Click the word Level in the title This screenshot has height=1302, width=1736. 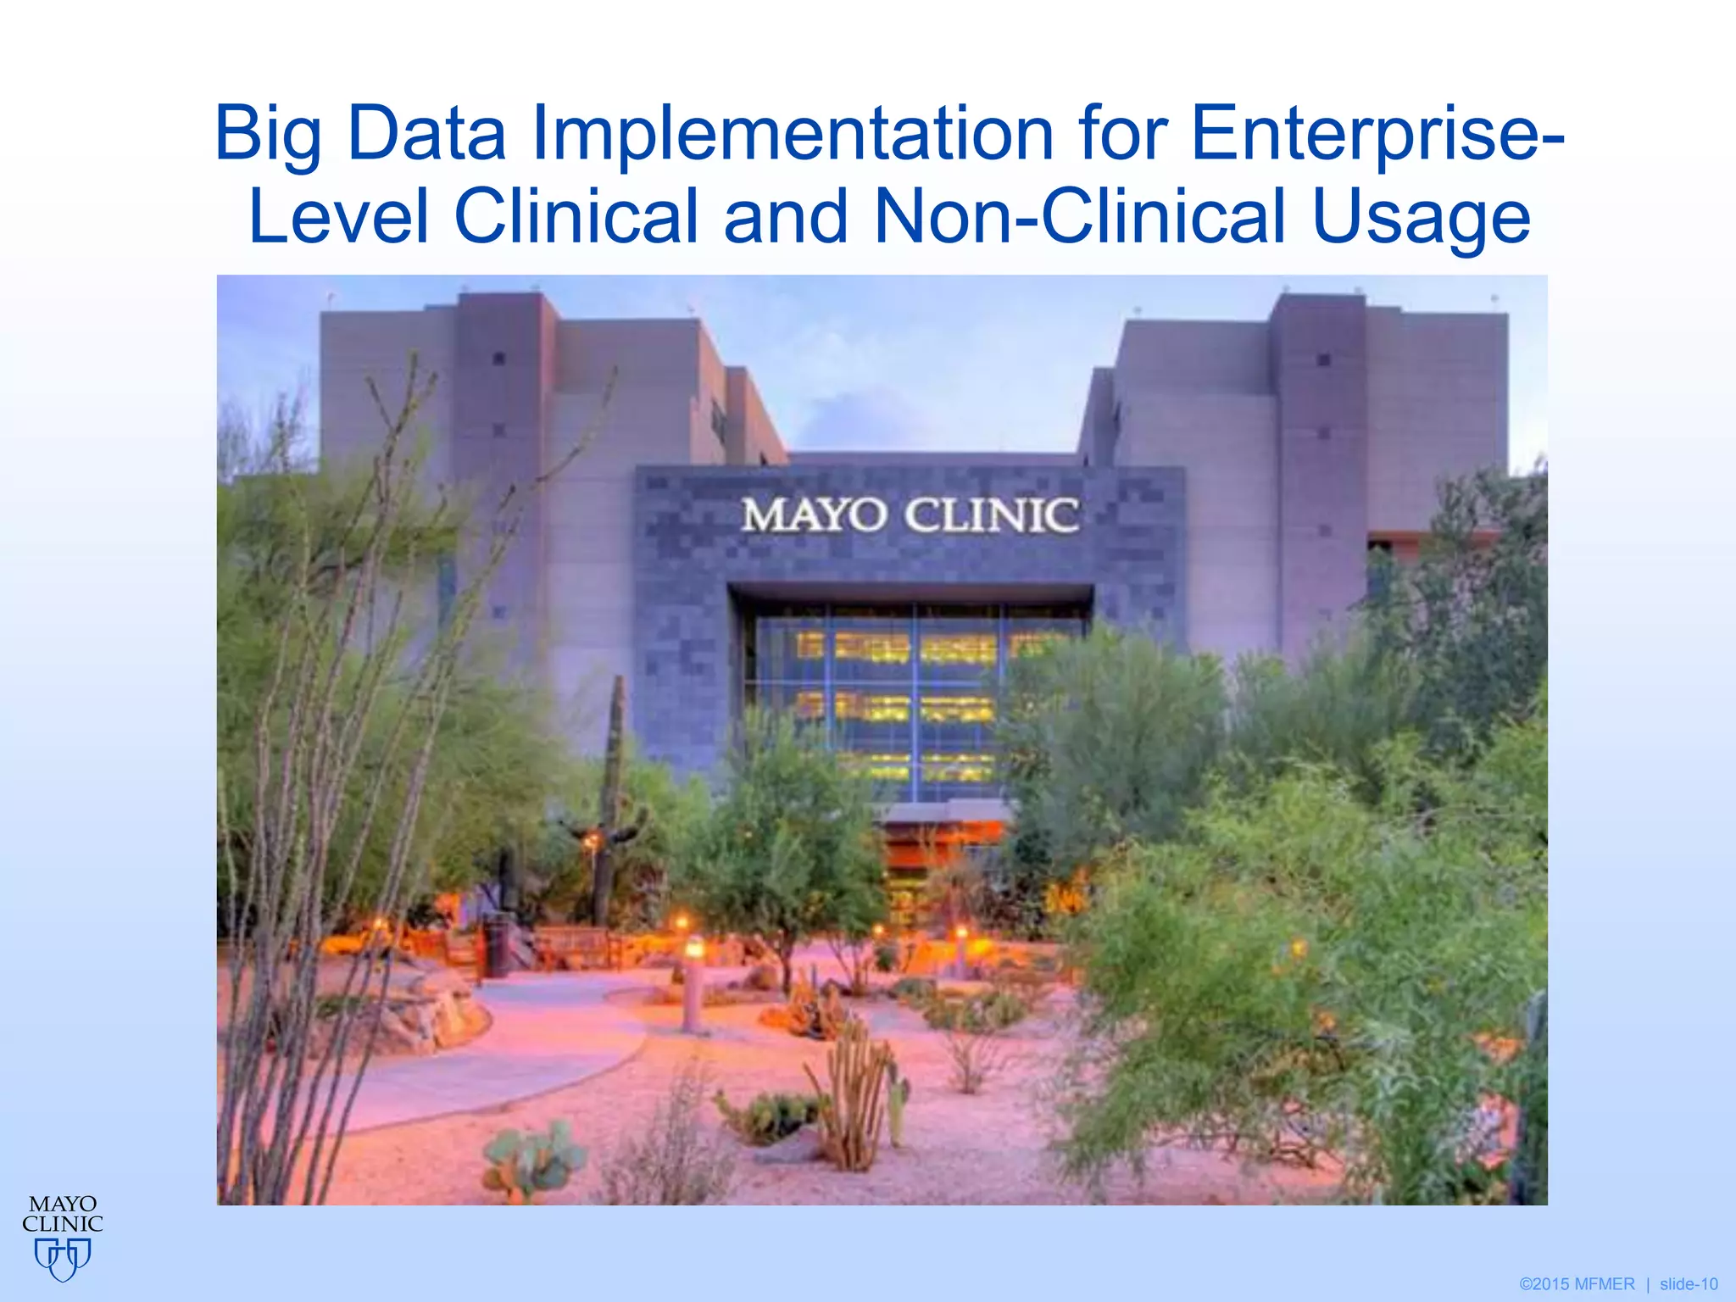(339, 217)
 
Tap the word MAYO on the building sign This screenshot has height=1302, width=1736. (814, 515)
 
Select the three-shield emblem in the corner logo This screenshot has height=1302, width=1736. (63, 1258)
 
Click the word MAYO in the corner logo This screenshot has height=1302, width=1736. (63, 1205)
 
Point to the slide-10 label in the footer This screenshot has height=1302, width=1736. (1688, 1284)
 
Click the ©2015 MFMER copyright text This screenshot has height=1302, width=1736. (1577, 1284)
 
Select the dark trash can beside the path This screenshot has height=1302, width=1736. (495, 945)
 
